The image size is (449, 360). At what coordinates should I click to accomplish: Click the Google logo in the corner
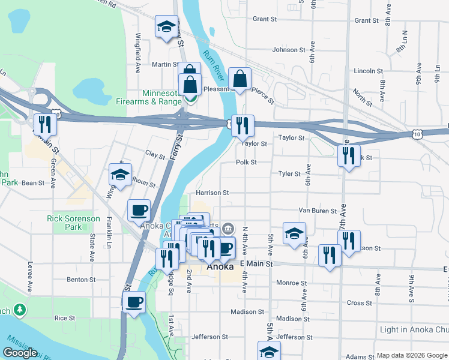click(x=20, y=353)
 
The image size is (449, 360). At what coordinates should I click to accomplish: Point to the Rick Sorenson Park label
click(x=73, y=223)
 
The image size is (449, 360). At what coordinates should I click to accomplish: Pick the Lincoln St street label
click(x=364, y=71)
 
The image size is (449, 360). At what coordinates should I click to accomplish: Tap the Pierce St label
click(x=263, y=92)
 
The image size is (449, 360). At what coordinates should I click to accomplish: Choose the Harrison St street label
click(x=212, y=193)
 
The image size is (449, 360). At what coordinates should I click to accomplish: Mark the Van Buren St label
click(x=317, y=211)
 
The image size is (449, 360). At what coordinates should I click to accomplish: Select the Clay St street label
click(x=155, y=155)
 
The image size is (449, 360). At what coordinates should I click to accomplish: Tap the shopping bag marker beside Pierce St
click(x=240, y=78)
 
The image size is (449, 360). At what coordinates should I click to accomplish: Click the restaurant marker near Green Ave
click(x=45, y=124)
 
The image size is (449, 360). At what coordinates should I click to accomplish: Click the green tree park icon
click(x=21, y=309)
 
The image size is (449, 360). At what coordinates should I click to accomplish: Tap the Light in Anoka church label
click(x=414, y=330)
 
